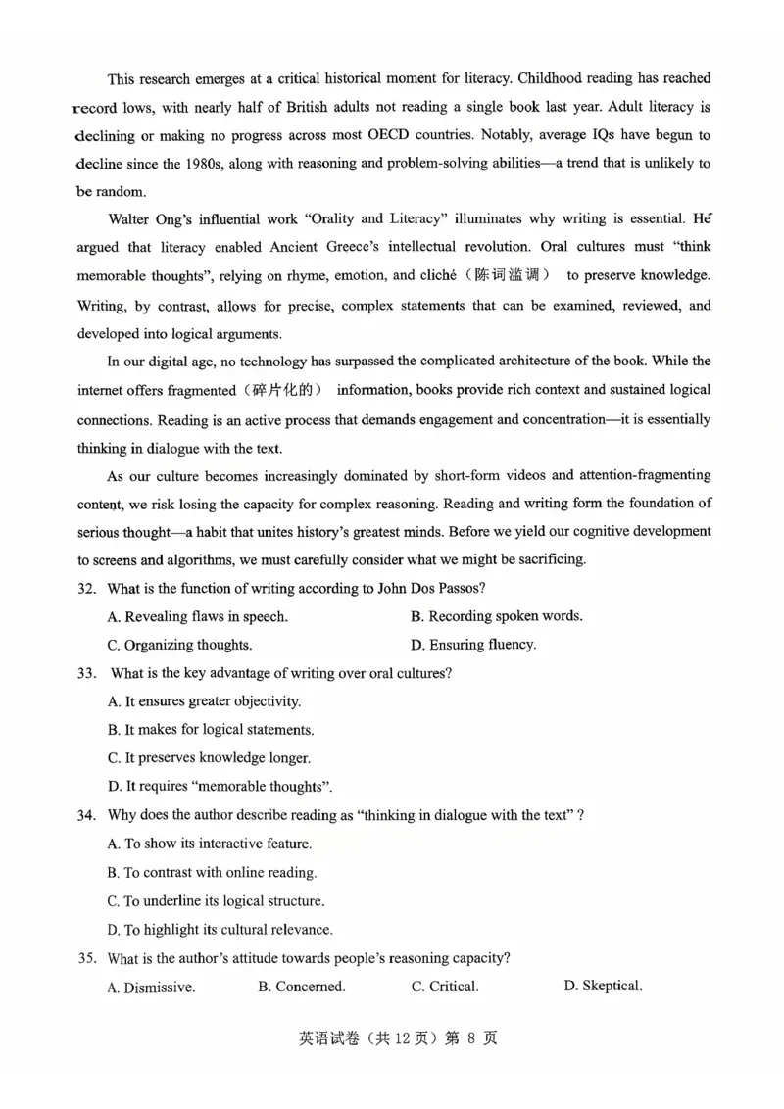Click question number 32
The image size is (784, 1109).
point(87,588)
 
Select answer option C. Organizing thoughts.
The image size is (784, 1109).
point(179,645)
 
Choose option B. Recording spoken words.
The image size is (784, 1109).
point(496,616)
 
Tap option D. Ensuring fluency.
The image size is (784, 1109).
point(473,645)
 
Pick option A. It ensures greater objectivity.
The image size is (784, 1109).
point(204,701)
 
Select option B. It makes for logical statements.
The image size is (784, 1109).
point(210,730)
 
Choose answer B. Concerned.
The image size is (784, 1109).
point(301,987)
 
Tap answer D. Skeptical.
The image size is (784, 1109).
point(603,986)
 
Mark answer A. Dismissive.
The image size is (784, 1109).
point(151,988)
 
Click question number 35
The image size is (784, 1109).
point(87,958)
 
